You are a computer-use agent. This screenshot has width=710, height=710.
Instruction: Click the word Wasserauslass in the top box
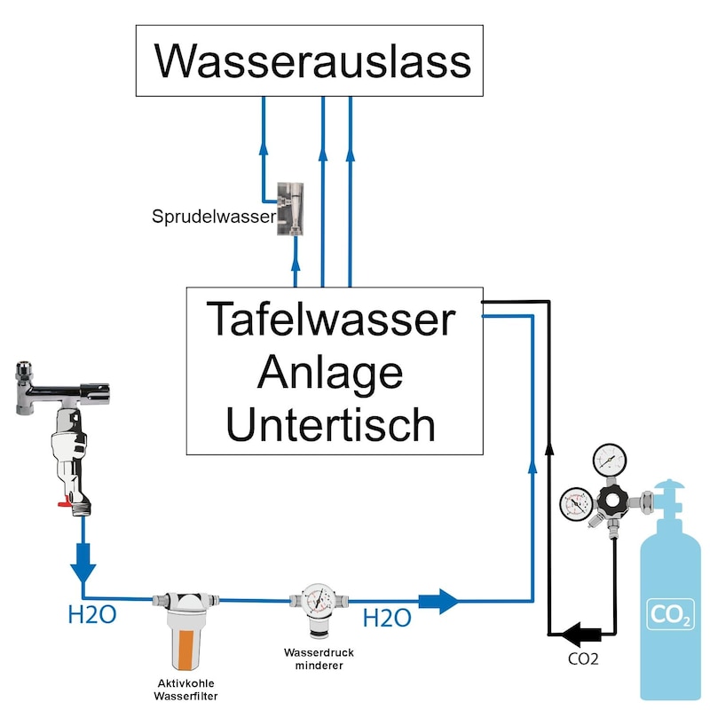pyautogui.click(x=312, y=61)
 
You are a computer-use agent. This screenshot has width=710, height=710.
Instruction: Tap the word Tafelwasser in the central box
pyautogui.click(x=331, y=319)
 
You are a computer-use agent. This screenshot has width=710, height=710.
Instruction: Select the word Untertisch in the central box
pyautogui.click(x=331, y=423)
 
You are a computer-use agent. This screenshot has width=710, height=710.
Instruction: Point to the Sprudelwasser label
pyautogui.click(x=214, y=216)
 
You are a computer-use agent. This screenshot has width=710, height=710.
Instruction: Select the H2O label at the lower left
pyautogui.click(x=92, y=614)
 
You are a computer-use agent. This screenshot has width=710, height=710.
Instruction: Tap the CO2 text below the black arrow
pyautogui.click(x=582, y=659)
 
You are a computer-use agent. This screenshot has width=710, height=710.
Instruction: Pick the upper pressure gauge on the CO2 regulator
pyautogui.click(x=608, y=459)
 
